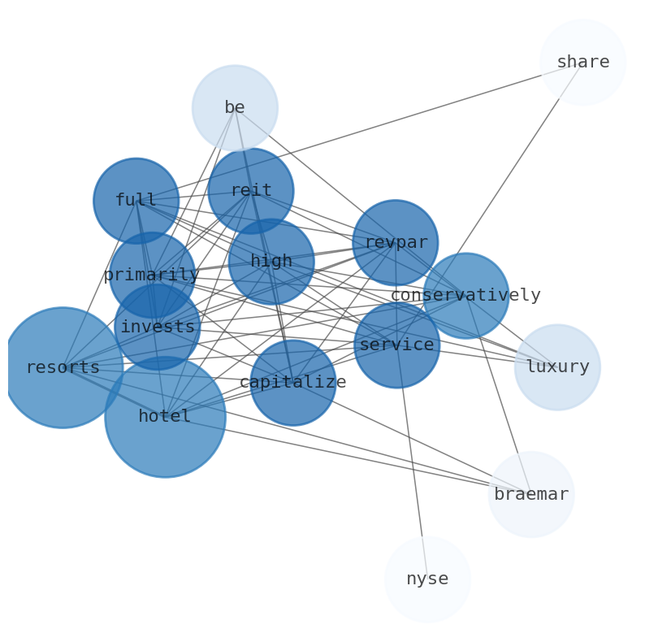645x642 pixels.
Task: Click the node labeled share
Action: (582, 63)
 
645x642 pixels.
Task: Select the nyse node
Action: (427, 579)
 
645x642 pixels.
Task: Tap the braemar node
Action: (531, 494)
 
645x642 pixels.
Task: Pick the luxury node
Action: (557, 367)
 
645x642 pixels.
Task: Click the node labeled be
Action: (235, 108)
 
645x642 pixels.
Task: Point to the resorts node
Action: (63, 367)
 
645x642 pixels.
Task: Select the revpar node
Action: (396, 243)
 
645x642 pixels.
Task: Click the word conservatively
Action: (465, 296)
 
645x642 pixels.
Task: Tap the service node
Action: (396, 345)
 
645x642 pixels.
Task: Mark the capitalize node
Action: (292, 383)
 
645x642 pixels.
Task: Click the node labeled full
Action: (136, 201)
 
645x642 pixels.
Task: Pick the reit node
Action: (251, 191)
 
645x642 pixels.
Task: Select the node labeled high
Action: (271, 262)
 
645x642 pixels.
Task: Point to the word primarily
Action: (152, 275)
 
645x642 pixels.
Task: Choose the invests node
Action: (158, 328)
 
